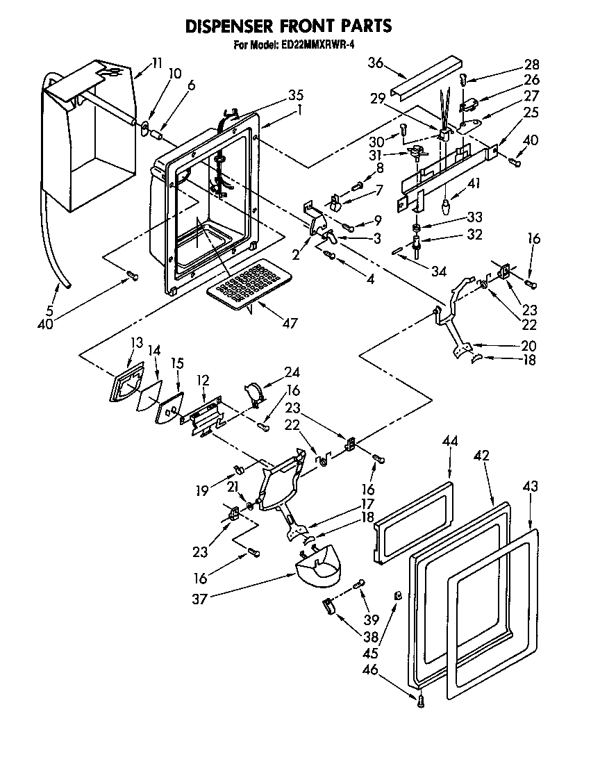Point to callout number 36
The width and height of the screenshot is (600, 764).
pos(375,63)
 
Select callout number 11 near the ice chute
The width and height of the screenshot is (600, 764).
pos(156,63)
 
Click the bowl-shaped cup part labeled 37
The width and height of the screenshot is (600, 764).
pos(319,566)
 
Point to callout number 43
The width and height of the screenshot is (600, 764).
pos(530,488)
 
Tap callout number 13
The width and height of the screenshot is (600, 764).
pos(135,342)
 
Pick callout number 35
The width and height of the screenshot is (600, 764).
pos(276,96)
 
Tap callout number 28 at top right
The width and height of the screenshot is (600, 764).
pos(532,65)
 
